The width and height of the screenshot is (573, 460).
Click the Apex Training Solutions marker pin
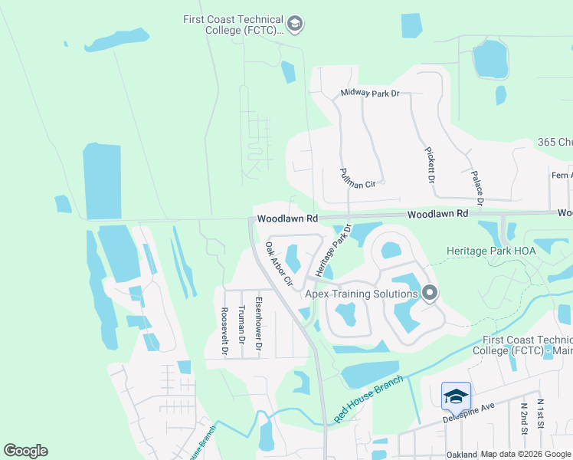[430, 293]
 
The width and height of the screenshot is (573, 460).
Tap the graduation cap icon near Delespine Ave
[455, 396]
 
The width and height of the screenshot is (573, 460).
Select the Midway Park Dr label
[370, 94]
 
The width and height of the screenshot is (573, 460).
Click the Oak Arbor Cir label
[279, 264]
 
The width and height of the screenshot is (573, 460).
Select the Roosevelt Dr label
[224, 330]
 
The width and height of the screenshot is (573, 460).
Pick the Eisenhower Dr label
[259, 324]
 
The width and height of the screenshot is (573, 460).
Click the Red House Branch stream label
[368, 399]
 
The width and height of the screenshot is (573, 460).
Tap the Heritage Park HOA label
[494, 251]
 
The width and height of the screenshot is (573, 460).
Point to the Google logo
[25, 451]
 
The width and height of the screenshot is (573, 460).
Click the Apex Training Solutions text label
[362, 293]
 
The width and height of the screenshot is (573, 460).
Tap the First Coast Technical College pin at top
[296, 25]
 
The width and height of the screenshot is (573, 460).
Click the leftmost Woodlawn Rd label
[287, 219]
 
